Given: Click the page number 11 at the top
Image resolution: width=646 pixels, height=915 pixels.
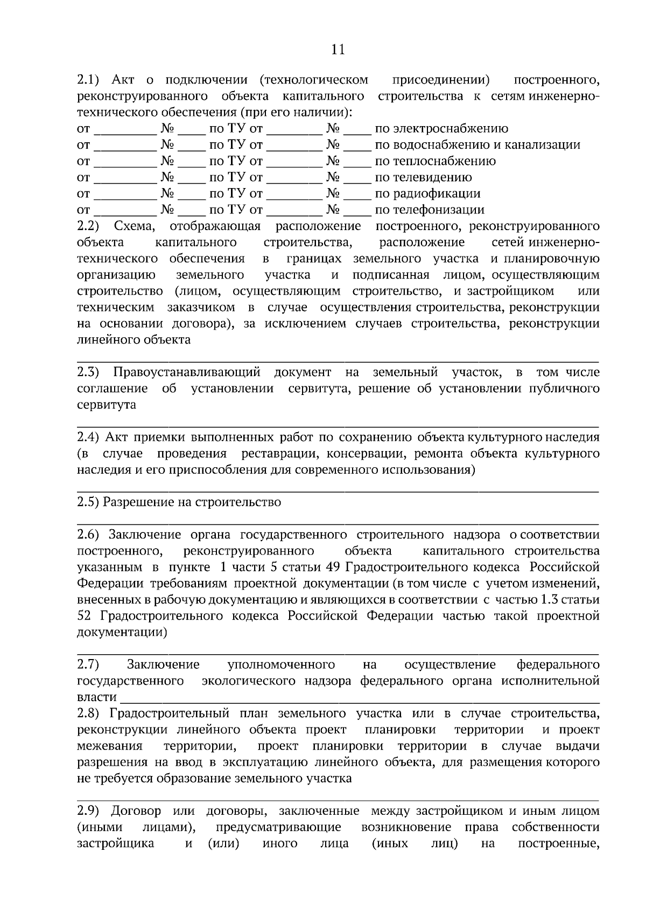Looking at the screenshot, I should pos(338,50).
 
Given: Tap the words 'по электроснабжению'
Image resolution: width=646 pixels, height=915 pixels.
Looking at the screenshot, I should pos(441,129).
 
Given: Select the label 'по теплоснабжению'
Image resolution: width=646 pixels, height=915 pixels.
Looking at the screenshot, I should pos(435,161).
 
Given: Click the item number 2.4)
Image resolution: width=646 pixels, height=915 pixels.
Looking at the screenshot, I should pos(89,437).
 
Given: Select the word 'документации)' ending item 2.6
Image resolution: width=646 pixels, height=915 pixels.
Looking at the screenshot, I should pos(122,632).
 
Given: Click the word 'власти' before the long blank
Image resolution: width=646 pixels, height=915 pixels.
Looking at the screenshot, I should pos(97,697).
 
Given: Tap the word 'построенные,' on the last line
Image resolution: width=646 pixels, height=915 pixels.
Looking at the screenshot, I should pos(558,843).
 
